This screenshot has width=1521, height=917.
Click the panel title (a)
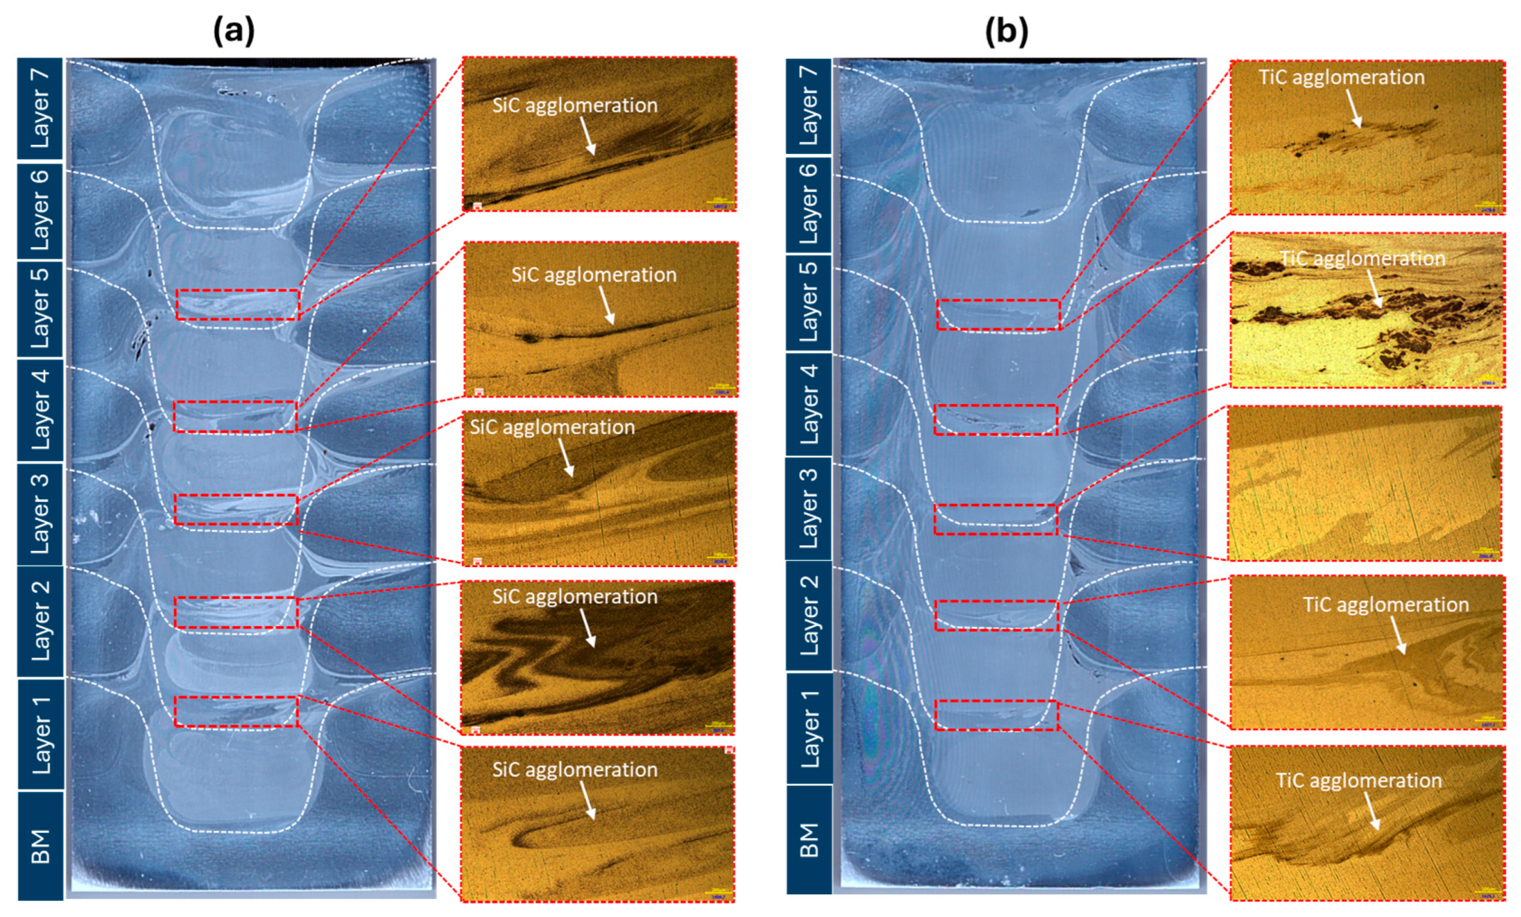pyautogui.click(x=234, y=30)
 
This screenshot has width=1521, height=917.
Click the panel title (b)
pyautogui.click(x=1006, y=30)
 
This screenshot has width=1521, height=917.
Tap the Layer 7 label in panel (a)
pyautogui.click(x=39, y=108)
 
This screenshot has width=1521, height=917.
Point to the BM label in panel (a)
pyautogui.click(x=39, y=846)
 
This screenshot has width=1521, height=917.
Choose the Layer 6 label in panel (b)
pyautogui.click(x=808, y=205)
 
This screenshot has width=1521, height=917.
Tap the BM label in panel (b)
pyautogui.click(x=808, y=839)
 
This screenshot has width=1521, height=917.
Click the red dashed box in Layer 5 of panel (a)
pyautogui.click(x=238, y=304)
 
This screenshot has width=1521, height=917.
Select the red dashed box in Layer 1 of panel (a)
pyautogui.click(x=236, y=711)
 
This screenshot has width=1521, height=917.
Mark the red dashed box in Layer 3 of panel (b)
pyautogui.click(x=996, y=519)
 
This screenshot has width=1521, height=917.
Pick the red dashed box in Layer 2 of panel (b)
pyautogui.click(x=997, y=615)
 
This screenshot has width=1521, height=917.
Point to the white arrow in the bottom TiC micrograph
pyautogui.click(x=1372, y=811)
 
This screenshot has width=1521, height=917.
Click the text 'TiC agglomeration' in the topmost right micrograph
pyautogui.click(x=1341, y=78)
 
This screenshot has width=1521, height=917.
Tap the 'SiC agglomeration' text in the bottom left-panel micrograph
pyautogui.click(x=574, y=770)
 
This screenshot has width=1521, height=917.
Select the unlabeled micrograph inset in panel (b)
pyautogui.click(x=1365, y=483)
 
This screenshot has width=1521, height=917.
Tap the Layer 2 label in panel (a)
pyautogui.click(x=39, y=621)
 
